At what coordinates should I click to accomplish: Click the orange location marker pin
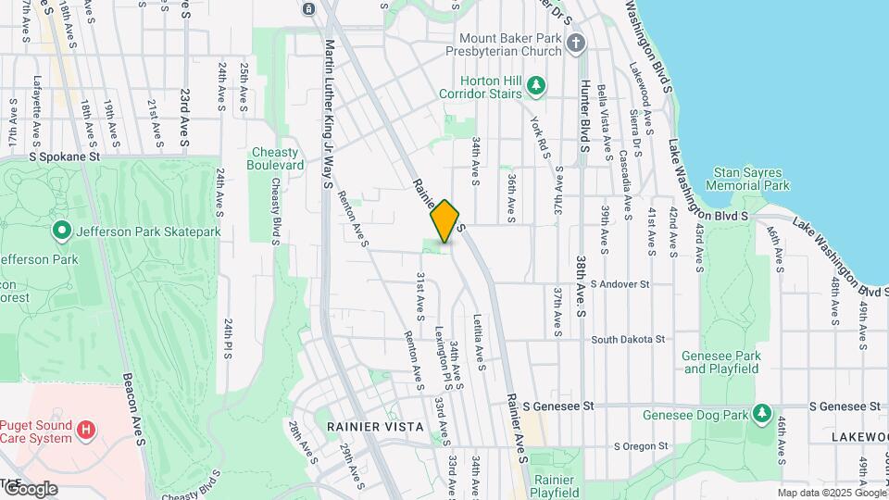(444, 221)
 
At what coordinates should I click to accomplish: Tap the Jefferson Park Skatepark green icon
(62, 229)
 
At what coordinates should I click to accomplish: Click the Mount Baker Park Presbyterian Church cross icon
(575, 44)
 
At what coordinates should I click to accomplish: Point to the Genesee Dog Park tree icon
(762, 413)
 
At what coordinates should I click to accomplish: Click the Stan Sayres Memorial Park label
(747, 179)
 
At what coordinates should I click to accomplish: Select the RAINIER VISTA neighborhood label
(375, 427)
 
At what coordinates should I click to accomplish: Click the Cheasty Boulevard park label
(275, 158)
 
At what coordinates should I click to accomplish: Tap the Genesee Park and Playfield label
(720, 362)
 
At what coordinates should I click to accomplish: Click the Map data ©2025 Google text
(831, 493)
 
